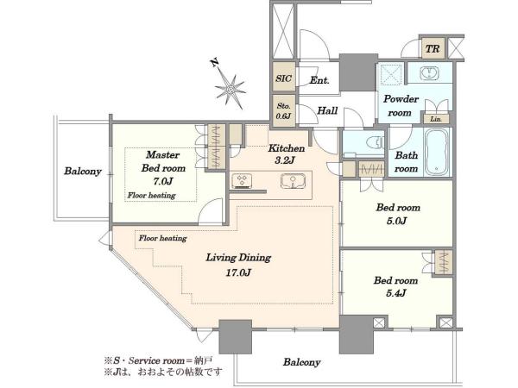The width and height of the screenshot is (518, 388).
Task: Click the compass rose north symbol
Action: (230, 86)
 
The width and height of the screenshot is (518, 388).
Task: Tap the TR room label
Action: (433, 49)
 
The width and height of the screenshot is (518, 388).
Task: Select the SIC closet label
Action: (283, 78)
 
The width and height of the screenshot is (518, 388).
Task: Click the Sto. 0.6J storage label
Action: (284, 111)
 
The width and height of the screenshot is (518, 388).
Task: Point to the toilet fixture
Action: (375, 142)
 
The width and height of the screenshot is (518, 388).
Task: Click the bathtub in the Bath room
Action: (436, 152)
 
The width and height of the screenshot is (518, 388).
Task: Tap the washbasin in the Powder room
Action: (430, 72)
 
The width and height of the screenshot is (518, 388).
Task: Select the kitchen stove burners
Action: (242, 181)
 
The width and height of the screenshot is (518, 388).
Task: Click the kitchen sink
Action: (293, 181)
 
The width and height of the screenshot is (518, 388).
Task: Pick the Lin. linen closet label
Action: (436, 119)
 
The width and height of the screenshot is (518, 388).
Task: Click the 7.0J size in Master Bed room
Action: (162, 181)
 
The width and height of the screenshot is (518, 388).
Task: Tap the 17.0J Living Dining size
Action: (238, 272)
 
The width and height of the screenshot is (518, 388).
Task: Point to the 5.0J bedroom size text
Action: (397, 221)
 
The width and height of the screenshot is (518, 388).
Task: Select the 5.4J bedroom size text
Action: (396, 293)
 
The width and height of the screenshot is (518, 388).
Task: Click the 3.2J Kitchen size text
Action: (284, 160)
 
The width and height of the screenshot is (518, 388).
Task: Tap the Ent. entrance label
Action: (319, 80)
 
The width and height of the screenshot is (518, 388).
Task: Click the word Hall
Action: (327, 110)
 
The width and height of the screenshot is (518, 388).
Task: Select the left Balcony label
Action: (83, 172)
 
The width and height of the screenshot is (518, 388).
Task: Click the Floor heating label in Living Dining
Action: (162, 238)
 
